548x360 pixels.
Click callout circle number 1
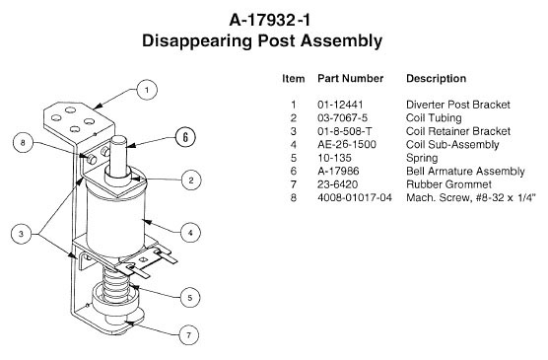(147, 90)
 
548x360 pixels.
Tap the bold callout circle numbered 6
(185, 137)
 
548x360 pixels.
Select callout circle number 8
(23, 143)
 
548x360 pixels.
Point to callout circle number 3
(21, 234)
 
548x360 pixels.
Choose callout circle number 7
(188, 335)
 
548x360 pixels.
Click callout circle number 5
(190, 298)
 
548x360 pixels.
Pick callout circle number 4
(190, 233)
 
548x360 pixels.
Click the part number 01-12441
(340, 105)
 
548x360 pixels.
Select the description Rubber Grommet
(448, 184)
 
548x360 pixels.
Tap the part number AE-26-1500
(347, 144)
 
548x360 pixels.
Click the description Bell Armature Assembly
(465, 172)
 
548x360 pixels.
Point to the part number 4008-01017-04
(355, 197)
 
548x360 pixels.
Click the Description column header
(437, 78)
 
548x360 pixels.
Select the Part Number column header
(350, 78)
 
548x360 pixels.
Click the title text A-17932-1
(269, 20)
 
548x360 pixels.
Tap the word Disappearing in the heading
(197, 41)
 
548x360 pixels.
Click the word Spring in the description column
(422, 158)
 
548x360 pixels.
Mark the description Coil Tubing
(434, 118)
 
